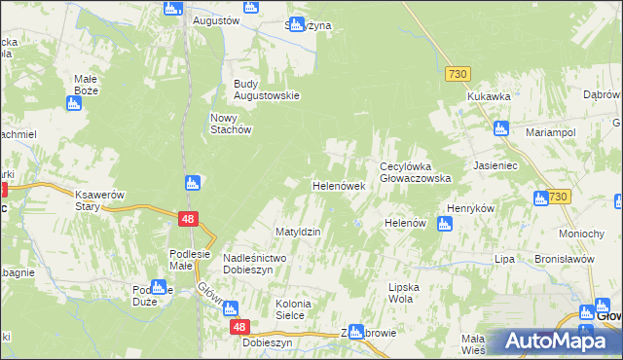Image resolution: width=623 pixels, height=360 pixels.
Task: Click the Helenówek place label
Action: coord(338,185)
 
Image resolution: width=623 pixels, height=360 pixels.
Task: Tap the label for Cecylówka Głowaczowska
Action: coord(415,172)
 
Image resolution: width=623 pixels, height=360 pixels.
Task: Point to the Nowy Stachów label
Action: coord(232,124)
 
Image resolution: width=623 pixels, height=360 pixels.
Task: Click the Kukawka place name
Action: coord(489,97)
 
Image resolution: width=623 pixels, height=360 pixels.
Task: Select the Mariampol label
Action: coord(551,131)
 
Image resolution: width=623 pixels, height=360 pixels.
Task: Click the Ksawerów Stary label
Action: coord(101,200)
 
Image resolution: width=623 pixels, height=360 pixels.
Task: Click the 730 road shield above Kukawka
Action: coord(458,74)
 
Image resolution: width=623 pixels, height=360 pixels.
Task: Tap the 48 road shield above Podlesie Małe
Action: coord(189,220)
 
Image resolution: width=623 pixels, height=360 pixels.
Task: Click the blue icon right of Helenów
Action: coord(445,225)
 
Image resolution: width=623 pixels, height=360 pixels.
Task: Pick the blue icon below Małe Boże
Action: coord(75,102)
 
